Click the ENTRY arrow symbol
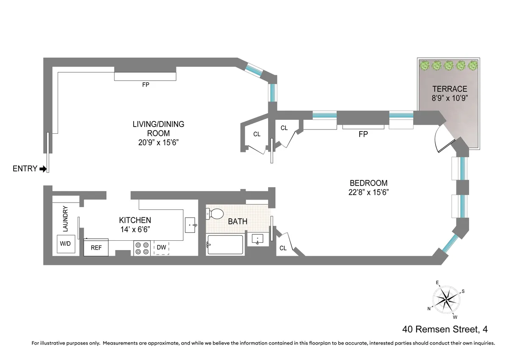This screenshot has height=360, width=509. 43,169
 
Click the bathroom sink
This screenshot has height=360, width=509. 257,239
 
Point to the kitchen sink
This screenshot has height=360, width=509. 190,224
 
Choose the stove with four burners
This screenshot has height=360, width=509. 142,248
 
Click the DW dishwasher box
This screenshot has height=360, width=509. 161,247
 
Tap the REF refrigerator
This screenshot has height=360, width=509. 96,247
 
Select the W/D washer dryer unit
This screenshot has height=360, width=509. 65,244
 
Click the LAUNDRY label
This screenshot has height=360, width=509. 65,219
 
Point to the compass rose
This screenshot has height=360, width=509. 446,299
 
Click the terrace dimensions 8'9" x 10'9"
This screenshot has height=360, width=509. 450,98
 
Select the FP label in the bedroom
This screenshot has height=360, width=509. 363,134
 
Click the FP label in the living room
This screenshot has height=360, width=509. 145,84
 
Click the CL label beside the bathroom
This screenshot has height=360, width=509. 283,248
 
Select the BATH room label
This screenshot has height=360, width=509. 238,221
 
